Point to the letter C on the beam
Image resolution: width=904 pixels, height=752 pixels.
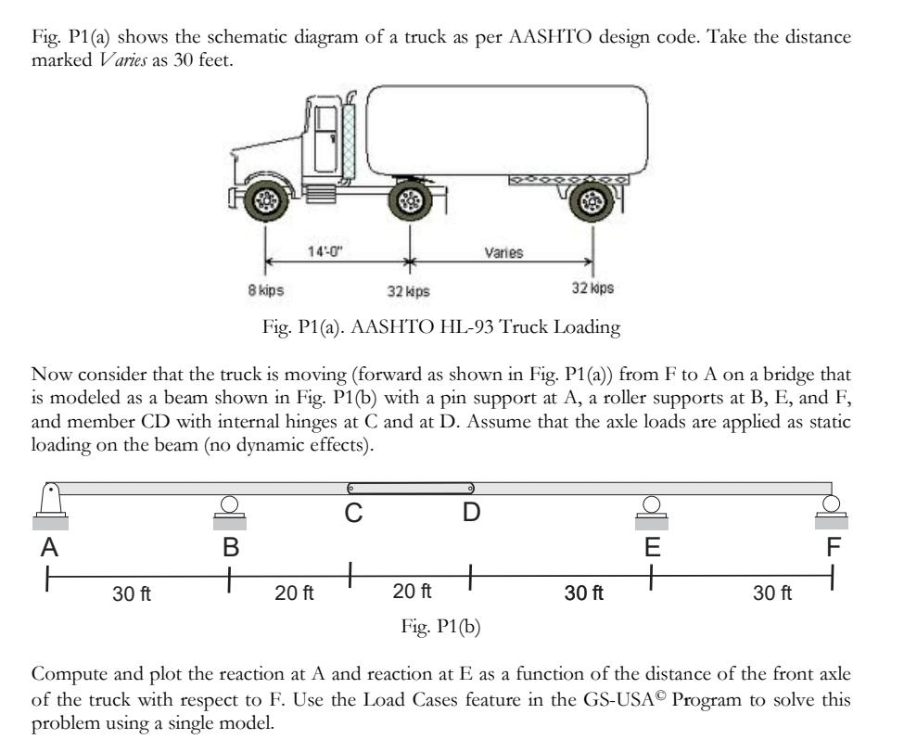(x=353, y=515)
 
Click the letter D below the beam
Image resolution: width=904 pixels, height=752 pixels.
(x=471, y=515)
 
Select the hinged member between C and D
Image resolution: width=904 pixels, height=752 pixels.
(x=410, y=488)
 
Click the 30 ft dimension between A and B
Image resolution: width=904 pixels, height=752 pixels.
(x=131, y=594)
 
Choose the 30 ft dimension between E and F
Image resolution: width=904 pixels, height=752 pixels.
(x=772, y=594)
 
